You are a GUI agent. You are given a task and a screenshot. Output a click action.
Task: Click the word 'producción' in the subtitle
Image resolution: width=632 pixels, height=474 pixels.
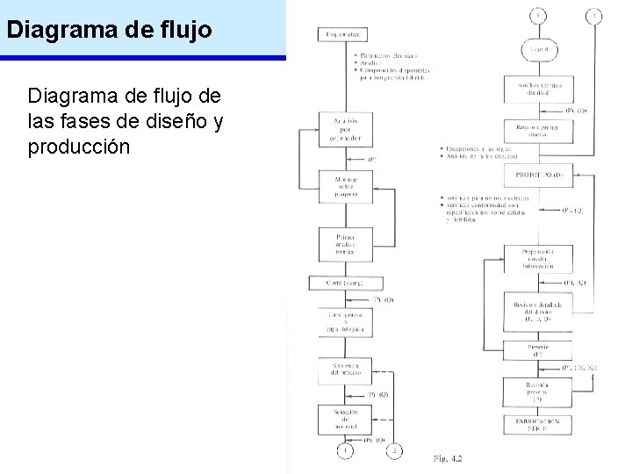[79, 147]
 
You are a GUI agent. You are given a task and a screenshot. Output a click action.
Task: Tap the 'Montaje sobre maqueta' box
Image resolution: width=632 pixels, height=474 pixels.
[344, 186]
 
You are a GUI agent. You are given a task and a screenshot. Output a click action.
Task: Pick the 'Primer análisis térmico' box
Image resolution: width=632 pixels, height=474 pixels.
[344, 245]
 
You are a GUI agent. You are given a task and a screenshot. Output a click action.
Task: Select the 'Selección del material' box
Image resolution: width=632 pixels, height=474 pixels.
[344, 419]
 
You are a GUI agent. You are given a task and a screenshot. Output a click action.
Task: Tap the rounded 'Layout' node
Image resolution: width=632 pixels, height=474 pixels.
[537, 50]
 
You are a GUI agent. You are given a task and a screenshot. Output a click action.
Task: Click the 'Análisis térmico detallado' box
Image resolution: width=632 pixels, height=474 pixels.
[537, 89]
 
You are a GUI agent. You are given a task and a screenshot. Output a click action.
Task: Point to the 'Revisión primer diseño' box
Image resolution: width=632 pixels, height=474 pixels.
[537, 130]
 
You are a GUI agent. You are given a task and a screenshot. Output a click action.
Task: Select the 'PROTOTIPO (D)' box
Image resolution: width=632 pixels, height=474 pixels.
[538, 175]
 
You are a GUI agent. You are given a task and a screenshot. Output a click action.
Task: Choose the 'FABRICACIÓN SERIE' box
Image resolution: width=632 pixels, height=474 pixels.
[537, 426]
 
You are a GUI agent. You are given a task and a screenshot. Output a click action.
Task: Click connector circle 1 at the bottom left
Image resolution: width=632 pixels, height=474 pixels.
[345, 451]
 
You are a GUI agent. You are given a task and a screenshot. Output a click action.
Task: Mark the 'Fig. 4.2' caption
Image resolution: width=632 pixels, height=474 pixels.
[447, 459]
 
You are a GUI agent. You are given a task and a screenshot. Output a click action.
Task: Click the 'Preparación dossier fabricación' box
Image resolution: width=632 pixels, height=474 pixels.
[537, 258]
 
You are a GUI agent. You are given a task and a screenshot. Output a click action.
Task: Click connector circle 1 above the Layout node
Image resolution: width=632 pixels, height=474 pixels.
[536, 15]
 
